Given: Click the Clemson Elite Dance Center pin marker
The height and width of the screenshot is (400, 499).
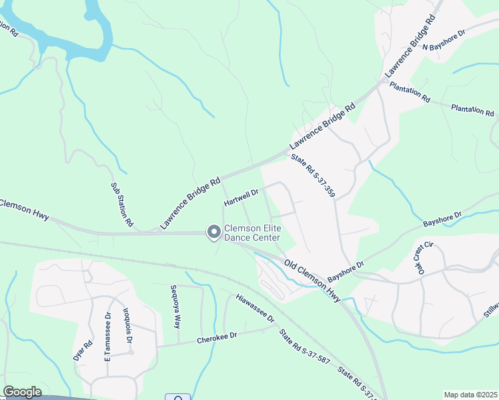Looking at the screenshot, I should click(x=214, y=232).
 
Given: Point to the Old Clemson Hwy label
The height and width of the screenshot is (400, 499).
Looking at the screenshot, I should click(x=312, y=281).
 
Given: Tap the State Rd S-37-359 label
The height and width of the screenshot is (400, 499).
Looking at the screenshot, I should click(x=312, y=176).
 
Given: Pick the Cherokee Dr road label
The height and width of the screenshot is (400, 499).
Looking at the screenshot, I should click(x=217, y=339).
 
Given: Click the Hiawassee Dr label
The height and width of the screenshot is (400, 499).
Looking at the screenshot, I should click(x=255, y=309).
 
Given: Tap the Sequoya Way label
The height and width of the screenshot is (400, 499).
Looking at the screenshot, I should click(x=175, y=307).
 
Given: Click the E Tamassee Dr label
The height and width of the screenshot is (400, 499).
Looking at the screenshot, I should click(x=107, y=336).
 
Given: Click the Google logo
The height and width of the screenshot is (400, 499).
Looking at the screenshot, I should click(x=22, y=392).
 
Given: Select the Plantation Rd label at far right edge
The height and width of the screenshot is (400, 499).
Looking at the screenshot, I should click(x=472, y=110).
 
